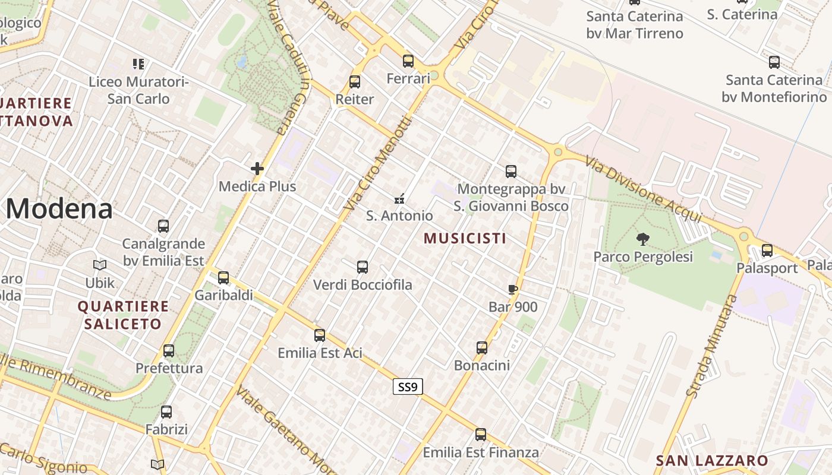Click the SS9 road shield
[x=408, y=387]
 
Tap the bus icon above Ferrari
[x=408, y=61]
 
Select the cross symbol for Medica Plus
[x=257, y=169]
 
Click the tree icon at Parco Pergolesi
[x=642, y=239]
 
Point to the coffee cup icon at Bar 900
[x=512, y=290]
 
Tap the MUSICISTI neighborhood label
[x=465, y=238]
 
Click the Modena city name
[x=59, y=209]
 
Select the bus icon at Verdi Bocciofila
[x=363, y=267]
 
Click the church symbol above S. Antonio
[x=400, y=198]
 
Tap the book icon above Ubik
[x=100, y=265]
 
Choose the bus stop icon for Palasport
[x=767, y=251]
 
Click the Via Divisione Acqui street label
[x=643, y=189]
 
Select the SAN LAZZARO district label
[x=711, y=460]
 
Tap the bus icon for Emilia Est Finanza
[x=481, y=435]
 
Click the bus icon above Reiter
[x=355, y=82]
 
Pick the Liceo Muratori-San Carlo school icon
[x=138, y=64]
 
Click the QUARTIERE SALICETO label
[x=123, y=315]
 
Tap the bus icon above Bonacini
[x=482, y=348]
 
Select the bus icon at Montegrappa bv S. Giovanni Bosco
[x=511, y=172]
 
